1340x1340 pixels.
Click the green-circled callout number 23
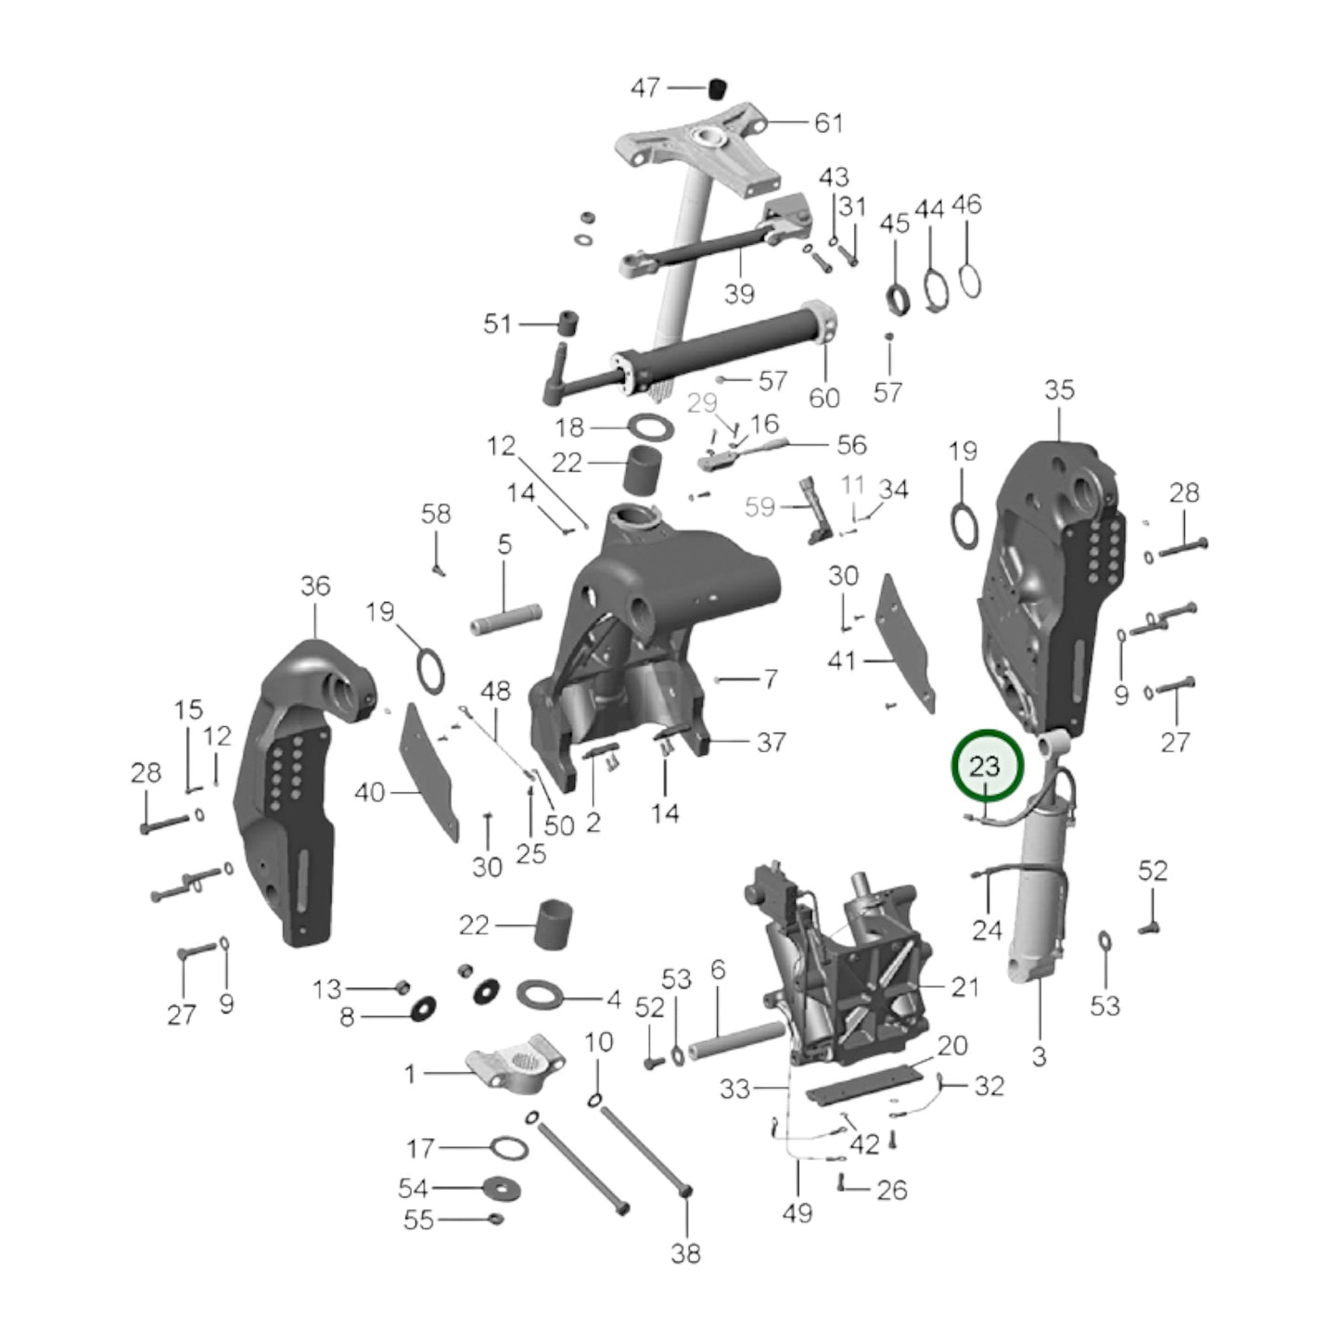coord(985,767)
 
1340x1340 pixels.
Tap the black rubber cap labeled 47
coord(716,88)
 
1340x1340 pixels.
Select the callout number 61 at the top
coord(828,122)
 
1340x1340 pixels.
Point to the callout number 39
coord(739,294)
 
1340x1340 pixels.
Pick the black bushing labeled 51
coord(566,325)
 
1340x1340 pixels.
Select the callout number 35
coord(1059,390)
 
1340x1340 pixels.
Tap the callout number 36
coord(315,586)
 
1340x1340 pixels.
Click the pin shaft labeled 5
coord(505,619)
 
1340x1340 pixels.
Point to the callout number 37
coord(771,742)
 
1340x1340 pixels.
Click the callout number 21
coord(964,987)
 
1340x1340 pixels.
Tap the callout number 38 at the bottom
coord(685,1253)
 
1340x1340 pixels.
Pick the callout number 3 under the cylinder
coord(1039,1055)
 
